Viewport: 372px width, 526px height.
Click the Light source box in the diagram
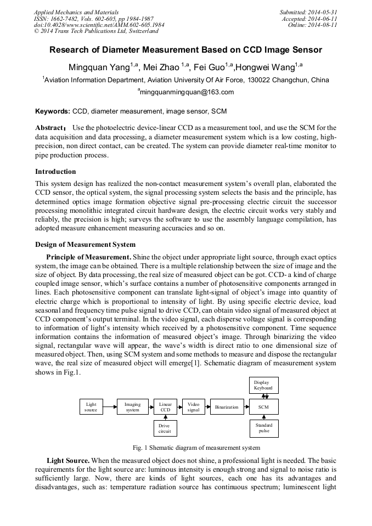tap(91, 407)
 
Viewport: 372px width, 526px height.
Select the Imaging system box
tap(132, 407)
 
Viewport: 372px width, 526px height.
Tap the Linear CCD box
tap(165, 407)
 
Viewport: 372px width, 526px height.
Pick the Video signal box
tap(193, 407)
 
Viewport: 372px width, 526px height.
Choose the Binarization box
tap(227, 407)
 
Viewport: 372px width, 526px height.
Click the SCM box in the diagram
tap(264, 407)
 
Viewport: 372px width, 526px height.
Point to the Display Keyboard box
tap(264, 385)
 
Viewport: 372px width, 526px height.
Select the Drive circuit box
tap(165, 428)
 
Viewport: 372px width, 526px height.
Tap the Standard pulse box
tap(264, 428)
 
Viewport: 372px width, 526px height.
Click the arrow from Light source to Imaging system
tap(110, 407)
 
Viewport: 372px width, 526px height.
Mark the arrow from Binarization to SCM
tap(246, 407)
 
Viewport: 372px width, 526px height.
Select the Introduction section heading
tap(55, 172)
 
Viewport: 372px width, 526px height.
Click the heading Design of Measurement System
tap(85, 245)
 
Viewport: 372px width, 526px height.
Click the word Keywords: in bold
tap(53, 111)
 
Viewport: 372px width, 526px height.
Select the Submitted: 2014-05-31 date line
tap(308, 12)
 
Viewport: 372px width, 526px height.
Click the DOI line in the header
tap(99, 25)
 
